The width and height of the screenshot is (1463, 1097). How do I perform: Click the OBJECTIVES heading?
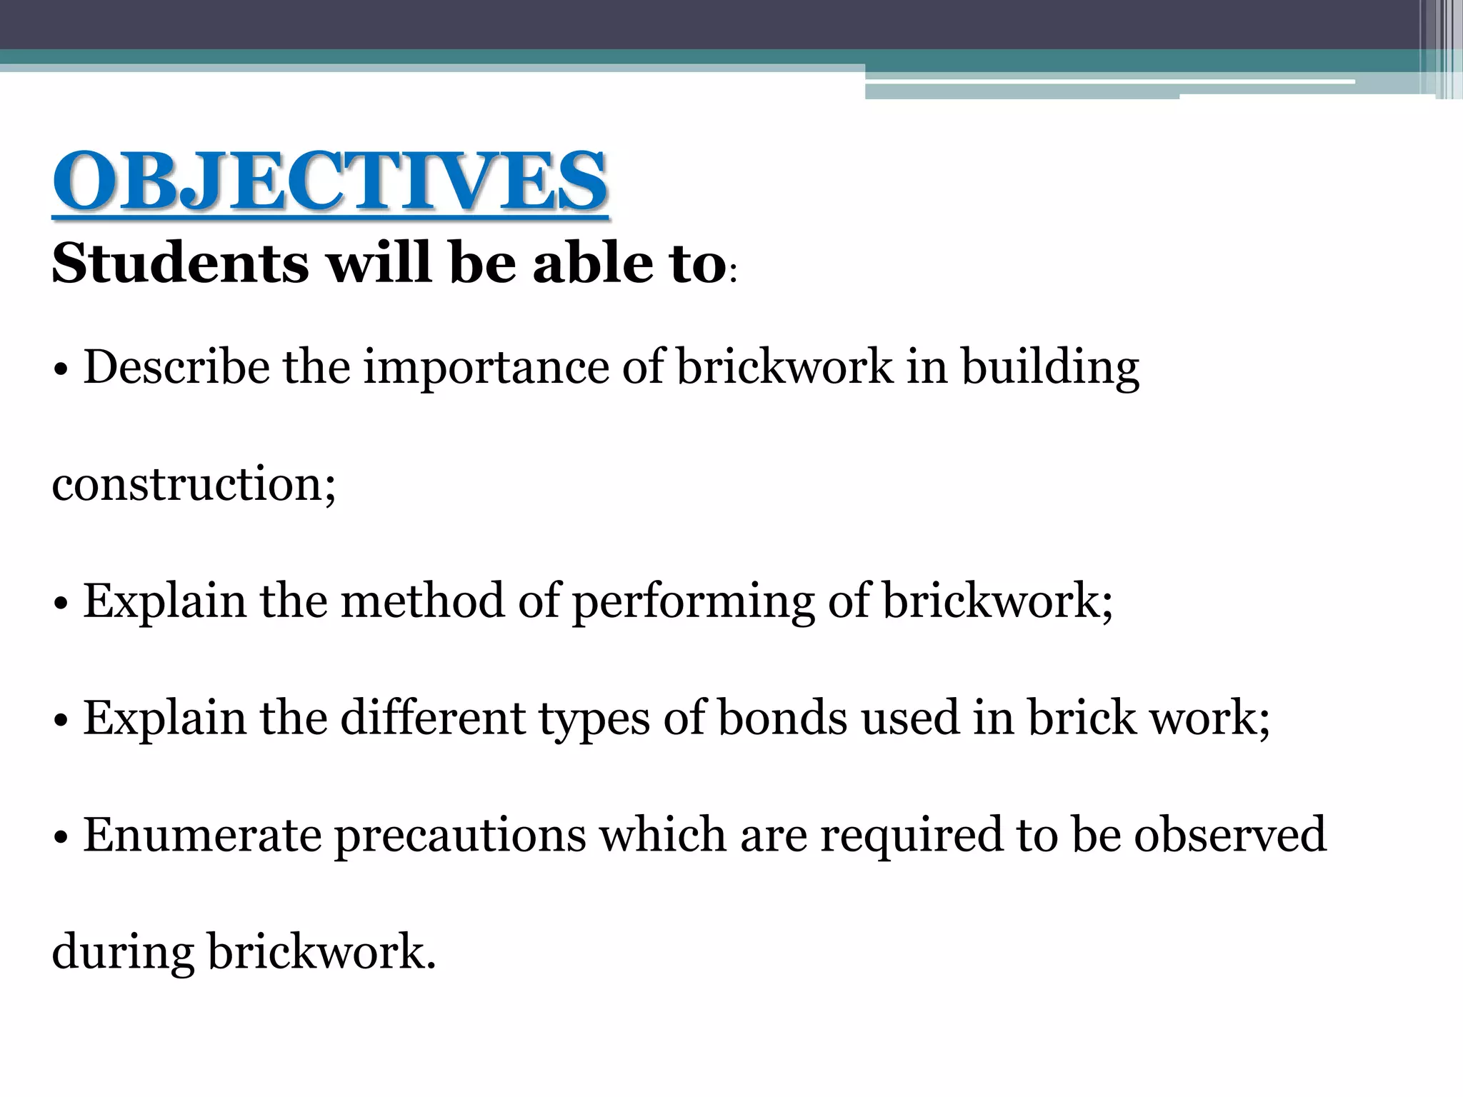[x=330, y=181]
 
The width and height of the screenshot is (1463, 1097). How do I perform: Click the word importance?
[x=486, y=369]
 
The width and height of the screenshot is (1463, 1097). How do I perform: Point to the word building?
[x=1050, y=369]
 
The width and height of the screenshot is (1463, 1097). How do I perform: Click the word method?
[x=422, y=601]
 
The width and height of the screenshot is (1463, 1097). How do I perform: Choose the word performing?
[x=693, y=602]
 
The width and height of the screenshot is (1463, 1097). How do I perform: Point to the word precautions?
[x=460, y=836]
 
